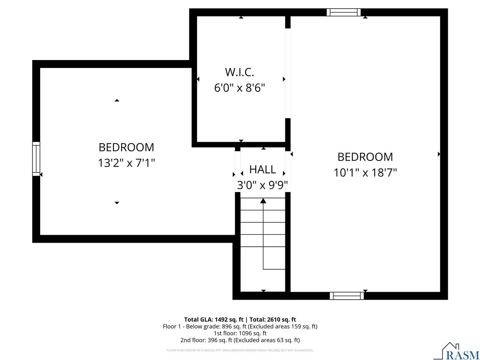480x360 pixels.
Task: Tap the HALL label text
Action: click(262, 169)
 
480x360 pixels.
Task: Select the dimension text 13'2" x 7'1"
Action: click(126, 163)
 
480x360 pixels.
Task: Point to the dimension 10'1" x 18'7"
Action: click(365, 172)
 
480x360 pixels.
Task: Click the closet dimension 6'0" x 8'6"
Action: click(240, 88)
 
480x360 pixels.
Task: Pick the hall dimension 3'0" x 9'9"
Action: click(262, 185)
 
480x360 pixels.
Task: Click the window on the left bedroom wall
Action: click(36, 159)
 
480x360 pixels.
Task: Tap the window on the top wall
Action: click(343, 12)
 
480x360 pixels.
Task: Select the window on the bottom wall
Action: click(346, 296)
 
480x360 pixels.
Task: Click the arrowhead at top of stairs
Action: click(263, 201)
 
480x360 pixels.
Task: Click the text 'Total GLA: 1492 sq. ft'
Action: click(214, 319)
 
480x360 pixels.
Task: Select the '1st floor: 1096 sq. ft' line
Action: click(240, 333)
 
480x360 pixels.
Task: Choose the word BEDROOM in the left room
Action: click(126, 147)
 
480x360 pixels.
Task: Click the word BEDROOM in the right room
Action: click(365, 157)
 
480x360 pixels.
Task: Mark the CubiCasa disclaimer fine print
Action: click(240, 350)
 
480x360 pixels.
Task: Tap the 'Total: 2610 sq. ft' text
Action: click(273, 319)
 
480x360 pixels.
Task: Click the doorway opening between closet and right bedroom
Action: click(288, 73)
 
